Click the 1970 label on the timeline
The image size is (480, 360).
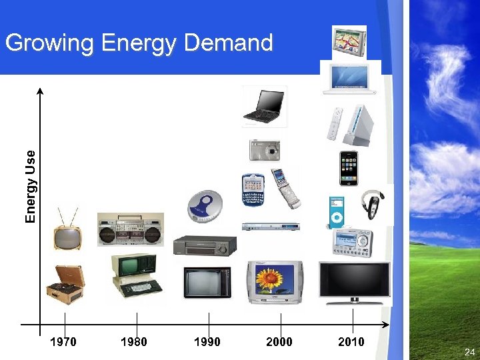(x=64, y=342)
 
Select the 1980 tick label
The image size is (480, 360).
(x=134, y=342)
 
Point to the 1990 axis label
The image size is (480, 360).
(x=207, y=342)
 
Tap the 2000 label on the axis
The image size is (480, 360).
(x=279, y=342)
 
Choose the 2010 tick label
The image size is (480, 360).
(x=351, y=342)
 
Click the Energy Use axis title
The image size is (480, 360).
(x=30, y=186)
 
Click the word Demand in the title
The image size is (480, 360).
(x=228, y=43)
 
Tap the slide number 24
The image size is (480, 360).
(x=469, y=351)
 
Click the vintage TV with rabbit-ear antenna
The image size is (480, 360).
(x=67, y=232)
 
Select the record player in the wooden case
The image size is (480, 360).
(x=65, y=281)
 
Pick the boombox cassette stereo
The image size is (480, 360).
(x=130, y=229)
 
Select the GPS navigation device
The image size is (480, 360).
(x=350, y=41)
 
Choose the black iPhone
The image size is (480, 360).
(x=349, y=168)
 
